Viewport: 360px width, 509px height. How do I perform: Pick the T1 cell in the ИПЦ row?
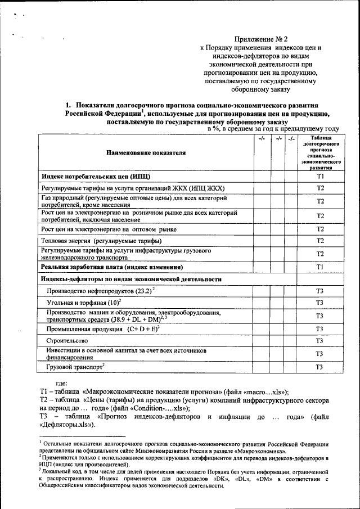pos(319,177)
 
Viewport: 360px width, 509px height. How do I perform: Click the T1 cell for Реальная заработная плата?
pos(319,267)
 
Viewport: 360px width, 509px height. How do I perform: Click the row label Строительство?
pos(67,341)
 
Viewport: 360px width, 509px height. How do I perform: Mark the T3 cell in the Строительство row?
pos(319,341)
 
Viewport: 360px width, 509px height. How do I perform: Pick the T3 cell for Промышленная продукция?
pos(319,328)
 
